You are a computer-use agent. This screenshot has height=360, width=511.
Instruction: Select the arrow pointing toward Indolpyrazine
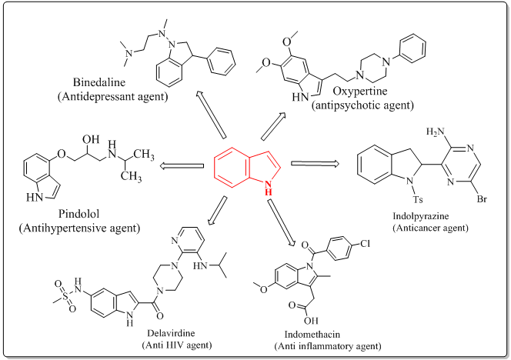click(x=316, y=163)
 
